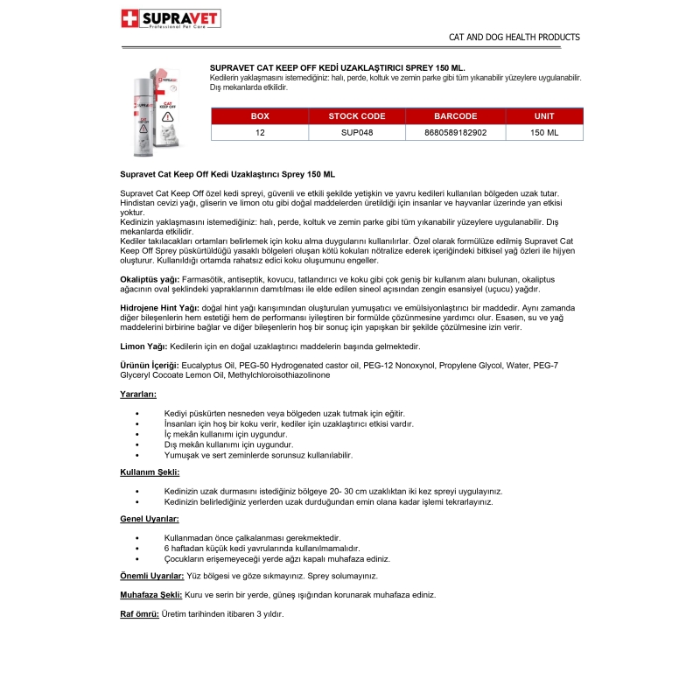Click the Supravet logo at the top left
pyautogui.click(x=170, y=19)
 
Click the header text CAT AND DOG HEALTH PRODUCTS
pyautogui.click(x=514, y=38)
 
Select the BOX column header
pyautogui.click(x=260, y=115)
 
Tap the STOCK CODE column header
pyautogui.click(x=356, y=115)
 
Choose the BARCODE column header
pyautogui.click(x=455, y=115)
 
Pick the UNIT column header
pyautogui.click(x=543, y=115)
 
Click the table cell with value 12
pyautogui.click(x=260, y=132)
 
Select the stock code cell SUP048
pyautogui.click(x=356, y=132)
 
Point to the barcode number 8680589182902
pyautogui.click(x=455, y=132)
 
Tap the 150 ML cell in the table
pyautogui.click(x=543, y=132)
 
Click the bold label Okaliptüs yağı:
pyautogui.click(x=149, y=279)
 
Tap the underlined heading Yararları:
pyautogui.click(x=138, y=395)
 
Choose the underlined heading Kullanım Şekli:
pyautogui.click(x=150, y=472)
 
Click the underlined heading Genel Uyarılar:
pyautogui.click(x=150, y=519)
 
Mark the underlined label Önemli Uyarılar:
pyautogui.click(x=152, y=576)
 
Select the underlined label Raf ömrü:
pyautogui.click(x=139, y=613)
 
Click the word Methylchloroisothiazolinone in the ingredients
pyautogui.click(x=279, y=374)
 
